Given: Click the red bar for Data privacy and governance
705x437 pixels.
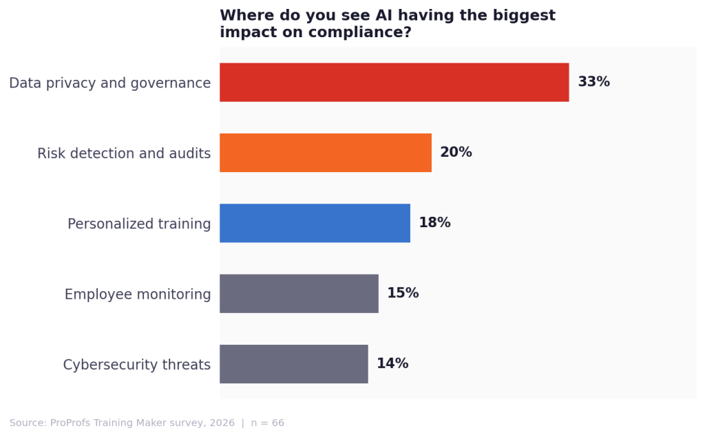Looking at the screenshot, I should (x=394, y=83).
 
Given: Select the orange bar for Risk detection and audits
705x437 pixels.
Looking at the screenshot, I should (x=325, y=153).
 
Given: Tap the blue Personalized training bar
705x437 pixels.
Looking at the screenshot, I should (x=315, y=223).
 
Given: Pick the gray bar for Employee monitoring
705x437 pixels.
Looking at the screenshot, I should (x=299, y=293).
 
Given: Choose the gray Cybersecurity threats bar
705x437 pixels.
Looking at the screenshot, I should (x=293, y=364).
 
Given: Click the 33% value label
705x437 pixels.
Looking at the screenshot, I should (x=593, y=83).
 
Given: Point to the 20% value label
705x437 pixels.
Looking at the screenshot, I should (x=456, y=153).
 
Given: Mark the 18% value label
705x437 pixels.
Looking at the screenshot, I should (x=434, y=223).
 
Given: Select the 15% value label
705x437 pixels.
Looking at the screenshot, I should (x=403, y=293).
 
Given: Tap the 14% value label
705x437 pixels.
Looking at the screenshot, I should (x=392, y=364).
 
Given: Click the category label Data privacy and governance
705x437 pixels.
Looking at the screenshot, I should (x=109, y=83).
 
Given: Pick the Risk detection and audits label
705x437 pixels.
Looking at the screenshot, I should (x=124, y=153).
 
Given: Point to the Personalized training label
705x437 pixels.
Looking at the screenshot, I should (x=139, y=224).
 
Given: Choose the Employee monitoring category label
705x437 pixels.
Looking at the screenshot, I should (x=138, y=295).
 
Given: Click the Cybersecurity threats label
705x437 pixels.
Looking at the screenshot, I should (x=136, y=365).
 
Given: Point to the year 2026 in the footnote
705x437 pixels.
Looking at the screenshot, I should (x=222, y=423).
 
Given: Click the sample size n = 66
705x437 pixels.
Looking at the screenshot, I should (x=269, y=423).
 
